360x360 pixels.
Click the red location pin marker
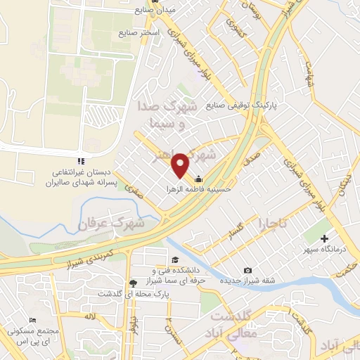click(x=181, y=165)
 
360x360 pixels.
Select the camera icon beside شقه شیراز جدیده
click(x=247, y=271)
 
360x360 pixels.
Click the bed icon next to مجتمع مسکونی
click(x=32, y=320)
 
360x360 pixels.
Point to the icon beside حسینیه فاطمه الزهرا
click(x=198, y=178)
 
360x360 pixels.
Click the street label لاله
click(x=88, y=317)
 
